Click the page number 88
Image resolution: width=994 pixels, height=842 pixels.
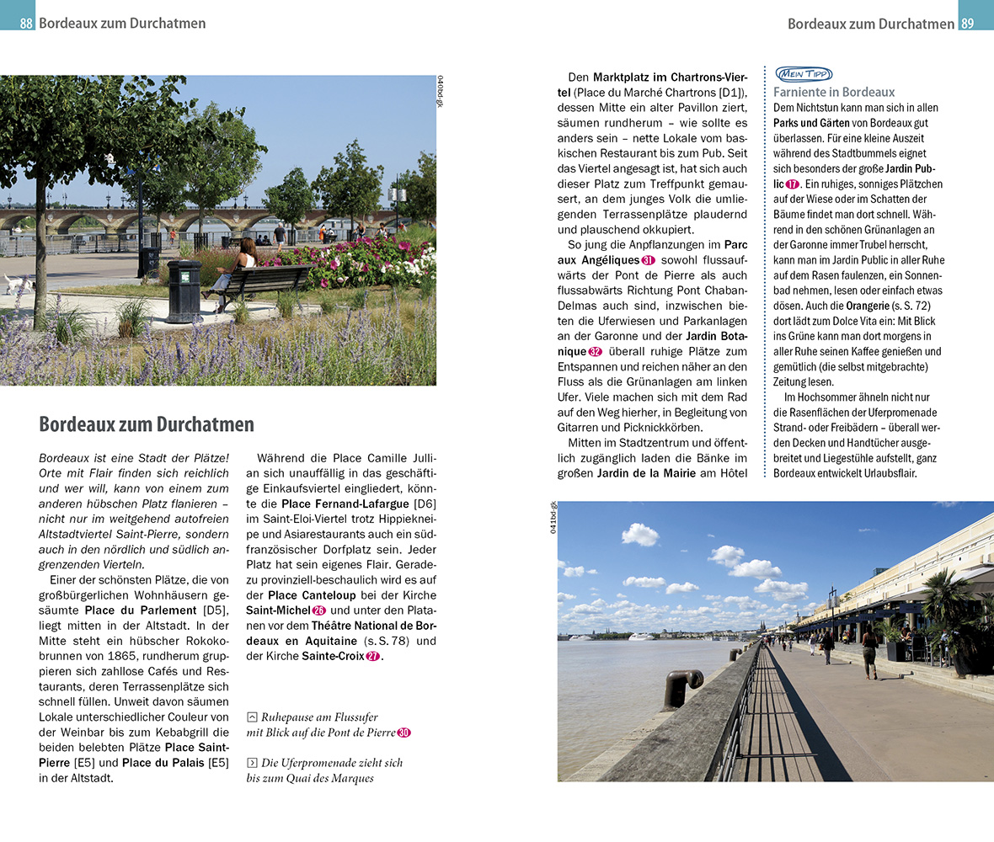pos(26,24)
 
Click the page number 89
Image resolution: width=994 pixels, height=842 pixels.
pos(968,24)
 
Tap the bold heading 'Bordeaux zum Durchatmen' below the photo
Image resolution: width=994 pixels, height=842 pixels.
pos(147,424)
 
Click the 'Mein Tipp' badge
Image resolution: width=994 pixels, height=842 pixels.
pos(803,74)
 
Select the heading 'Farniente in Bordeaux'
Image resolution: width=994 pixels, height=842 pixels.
pos(834,92)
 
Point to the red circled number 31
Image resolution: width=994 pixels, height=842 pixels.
pos(648,260)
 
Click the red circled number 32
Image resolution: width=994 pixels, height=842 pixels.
pos(595,351)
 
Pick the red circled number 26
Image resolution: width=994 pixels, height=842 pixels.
pos(318,610)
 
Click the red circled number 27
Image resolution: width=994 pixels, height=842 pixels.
pos(372,656)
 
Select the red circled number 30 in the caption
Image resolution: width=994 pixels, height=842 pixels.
pos(403,733)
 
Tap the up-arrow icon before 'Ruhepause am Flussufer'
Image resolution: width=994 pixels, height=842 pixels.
pos(251,717)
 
